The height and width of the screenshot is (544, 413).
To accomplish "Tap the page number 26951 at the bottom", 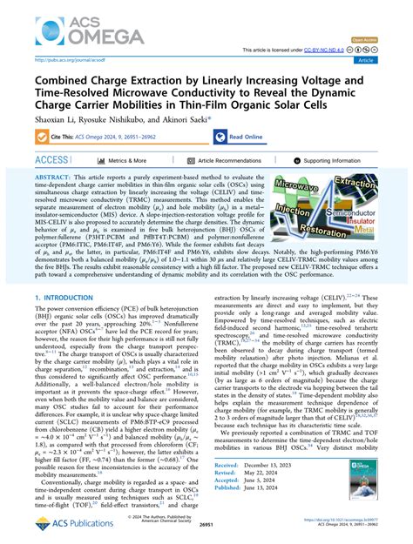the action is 206,538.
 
